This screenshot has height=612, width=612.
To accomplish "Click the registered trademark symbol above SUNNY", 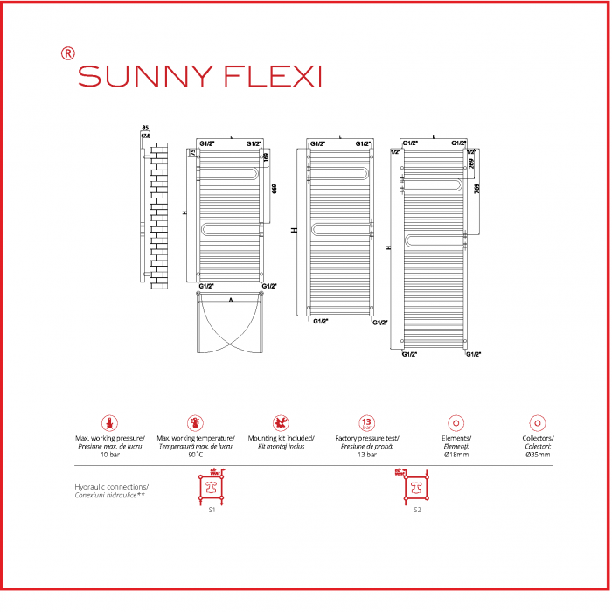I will coord(67,52).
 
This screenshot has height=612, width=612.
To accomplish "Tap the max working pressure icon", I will coord(109,423).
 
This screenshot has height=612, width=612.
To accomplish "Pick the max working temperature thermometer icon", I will coord(195,423).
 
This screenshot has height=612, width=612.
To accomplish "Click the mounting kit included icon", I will coord(281,423).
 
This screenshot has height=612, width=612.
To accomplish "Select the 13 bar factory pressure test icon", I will coord(367,423).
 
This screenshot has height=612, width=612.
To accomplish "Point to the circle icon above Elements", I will coord(453,423).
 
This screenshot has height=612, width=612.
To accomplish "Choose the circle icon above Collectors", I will coord(539,423).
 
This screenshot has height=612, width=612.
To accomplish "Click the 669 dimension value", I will coord(275,190).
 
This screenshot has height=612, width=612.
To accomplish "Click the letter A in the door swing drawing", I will coord(230,299).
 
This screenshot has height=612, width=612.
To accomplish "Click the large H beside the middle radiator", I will coord(295,229).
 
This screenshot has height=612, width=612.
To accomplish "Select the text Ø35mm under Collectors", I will coord(538,455).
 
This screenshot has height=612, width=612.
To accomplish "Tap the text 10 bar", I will coord(109,455).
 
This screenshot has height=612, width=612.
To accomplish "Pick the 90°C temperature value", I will coord(195,455).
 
